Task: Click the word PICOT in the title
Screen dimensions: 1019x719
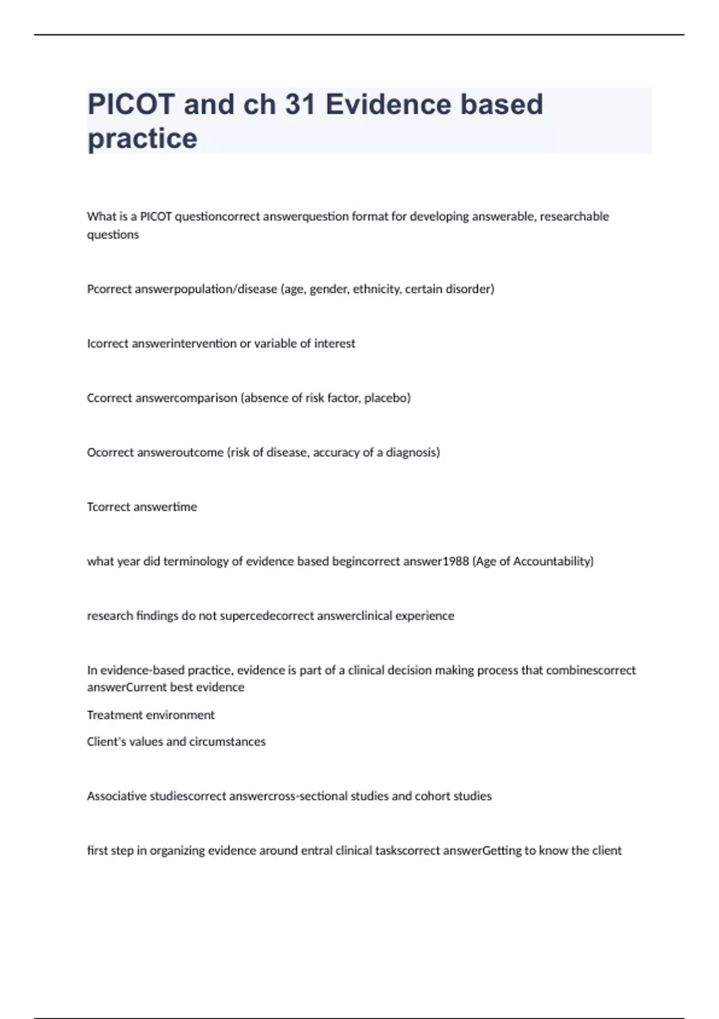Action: point(131,104)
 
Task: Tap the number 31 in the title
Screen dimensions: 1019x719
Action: point(300,104)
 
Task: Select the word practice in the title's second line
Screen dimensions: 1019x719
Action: point(143,138)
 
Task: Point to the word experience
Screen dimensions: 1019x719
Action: point(424,616)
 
